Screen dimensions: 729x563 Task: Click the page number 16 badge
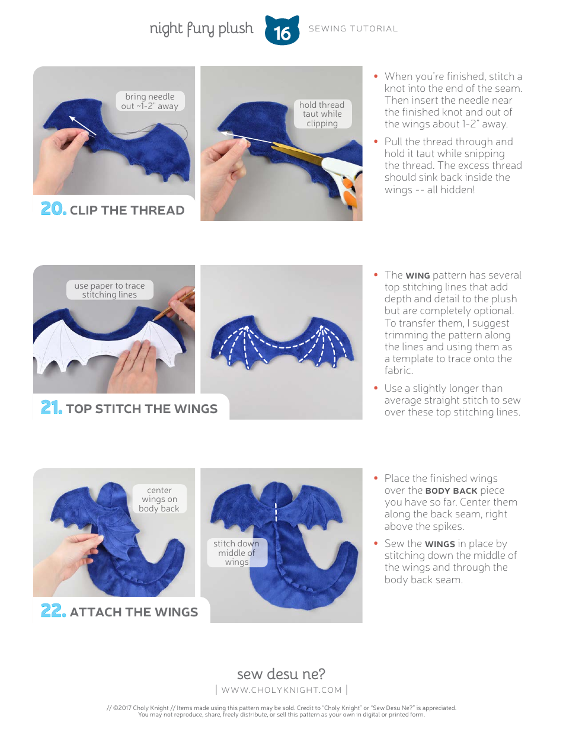(282, 31)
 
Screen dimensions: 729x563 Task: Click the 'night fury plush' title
(201, 28)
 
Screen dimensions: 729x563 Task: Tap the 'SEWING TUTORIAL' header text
(353, 28)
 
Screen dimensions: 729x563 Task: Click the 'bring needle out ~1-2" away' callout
(149, 101)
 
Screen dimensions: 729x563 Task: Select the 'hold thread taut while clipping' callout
(322, 114)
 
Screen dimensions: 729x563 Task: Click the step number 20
(53, 209)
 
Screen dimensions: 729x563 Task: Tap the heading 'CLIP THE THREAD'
(127, 210)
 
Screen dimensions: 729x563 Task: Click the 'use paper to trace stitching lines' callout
(109, 290)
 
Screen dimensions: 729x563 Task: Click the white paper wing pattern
(89, 350)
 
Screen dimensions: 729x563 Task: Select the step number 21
(52, 408)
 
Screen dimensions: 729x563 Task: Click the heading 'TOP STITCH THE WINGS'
(142, 409)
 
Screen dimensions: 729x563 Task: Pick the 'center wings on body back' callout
(159, 499)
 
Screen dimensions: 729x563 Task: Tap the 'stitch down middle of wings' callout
(236, 552)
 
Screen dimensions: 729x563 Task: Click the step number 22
(53, 611)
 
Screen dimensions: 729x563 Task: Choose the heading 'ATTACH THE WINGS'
(134, 612)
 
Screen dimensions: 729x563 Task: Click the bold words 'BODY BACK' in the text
(451, 491)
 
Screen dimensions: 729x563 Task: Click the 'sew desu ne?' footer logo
(281, 674)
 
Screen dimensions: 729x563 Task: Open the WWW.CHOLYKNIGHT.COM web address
(281, 690)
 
